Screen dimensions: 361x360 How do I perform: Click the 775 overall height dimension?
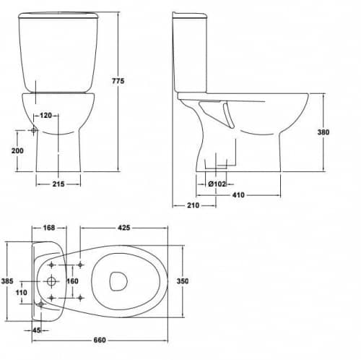point(118,81)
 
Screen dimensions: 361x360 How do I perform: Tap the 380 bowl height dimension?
point(323,132)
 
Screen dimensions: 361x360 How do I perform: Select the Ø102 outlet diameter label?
point(217,184)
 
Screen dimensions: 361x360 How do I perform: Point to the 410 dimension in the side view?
point(238,195)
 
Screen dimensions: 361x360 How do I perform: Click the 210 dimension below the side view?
point(193,205)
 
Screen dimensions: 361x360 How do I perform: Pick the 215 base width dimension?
point(58,184)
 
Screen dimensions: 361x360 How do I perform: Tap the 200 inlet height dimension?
point(17,151)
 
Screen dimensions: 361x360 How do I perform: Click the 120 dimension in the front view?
point(45,116)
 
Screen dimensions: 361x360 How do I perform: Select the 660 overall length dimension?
point(100,340)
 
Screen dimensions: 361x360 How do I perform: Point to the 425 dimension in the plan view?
point(124,228)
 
